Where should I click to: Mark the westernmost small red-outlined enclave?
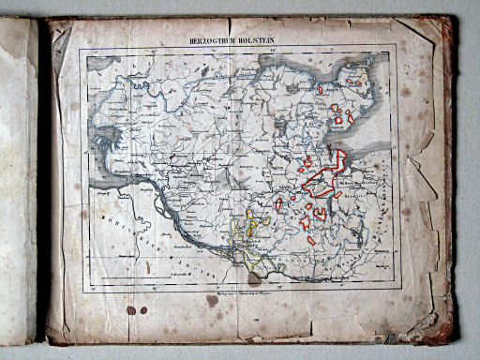278,203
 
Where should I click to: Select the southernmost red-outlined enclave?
311,241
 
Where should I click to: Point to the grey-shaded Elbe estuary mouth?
108,169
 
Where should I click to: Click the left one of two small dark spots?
131,309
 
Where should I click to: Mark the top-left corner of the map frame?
81,50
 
